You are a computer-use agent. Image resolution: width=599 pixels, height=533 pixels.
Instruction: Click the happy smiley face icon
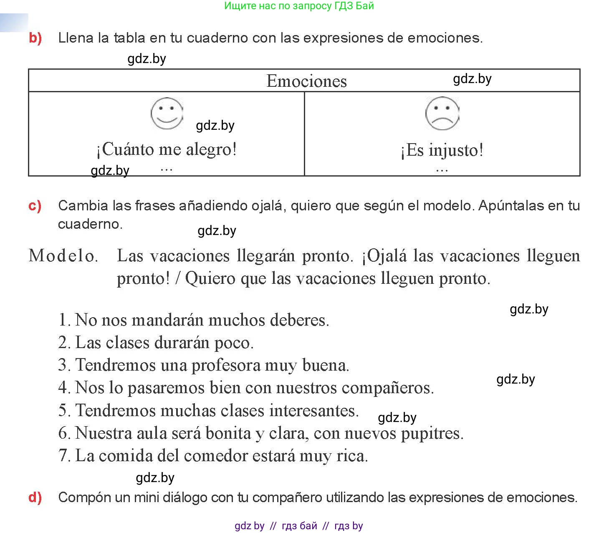coord(167,114)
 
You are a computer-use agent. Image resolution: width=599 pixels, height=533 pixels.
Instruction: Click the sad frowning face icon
coord(442,114)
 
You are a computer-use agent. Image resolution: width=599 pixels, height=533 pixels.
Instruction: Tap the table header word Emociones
coord(306,81)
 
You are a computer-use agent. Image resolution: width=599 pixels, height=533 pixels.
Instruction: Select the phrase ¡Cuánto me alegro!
coord(167,149)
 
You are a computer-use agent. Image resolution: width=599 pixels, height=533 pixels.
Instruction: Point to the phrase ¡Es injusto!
coord(442,150)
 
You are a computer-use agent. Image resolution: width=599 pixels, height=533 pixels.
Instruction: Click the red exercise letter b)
coord(35,38)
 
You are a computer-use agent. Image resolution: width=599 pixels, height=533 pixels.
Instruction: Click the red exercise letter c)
coord(35,206)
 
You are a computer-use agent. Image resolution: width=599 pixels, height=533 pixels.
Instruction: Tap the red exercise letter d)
coord(35,497)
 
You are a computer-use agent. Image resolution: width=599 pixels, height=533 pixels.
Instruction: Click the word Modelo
coord(63,255)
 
